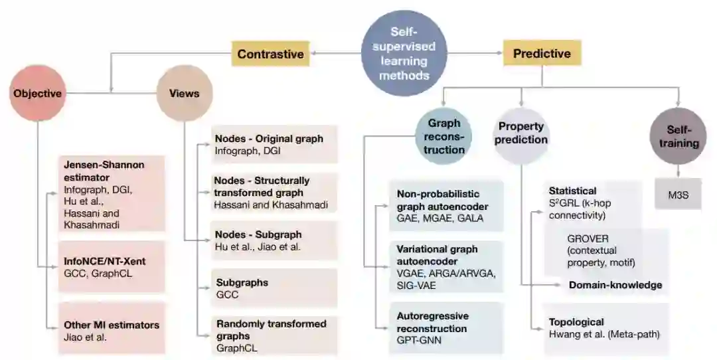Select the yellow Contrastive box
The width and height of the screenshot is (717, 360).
270,54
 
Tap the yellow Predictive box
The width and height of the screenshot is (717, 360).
542,53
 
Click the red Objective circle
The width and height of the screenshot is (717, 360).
37,94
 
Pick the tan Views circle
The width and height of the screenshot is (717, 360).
184,94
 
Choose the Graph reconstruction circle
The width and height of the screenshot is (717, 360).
445,136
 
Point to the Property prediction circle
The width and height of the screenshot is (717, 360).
521,133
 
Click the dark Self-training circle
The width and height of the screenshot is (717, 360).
678,135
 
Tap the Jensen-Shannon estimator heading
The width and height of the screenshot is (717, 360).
104,170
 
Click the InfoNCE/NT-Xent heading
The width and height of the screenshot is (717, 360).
104,261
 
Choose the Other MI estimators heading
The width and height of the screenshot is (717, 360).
112,325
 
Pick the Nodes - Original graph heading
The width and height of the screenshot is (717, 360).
269,139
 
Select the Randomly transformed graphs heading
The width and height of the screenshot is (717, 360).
271,329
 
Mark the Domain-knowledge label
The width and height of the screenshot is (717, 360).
615,285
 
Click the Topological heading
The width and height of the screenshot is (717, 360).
576,321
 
